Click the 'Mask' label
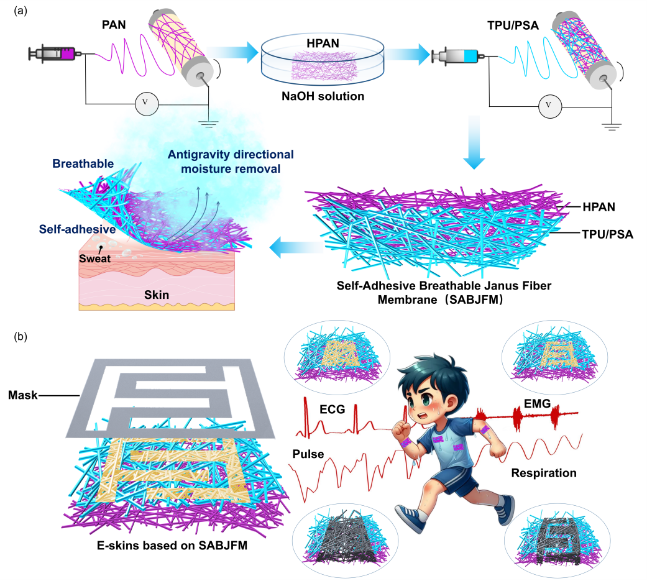[21, 394]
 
